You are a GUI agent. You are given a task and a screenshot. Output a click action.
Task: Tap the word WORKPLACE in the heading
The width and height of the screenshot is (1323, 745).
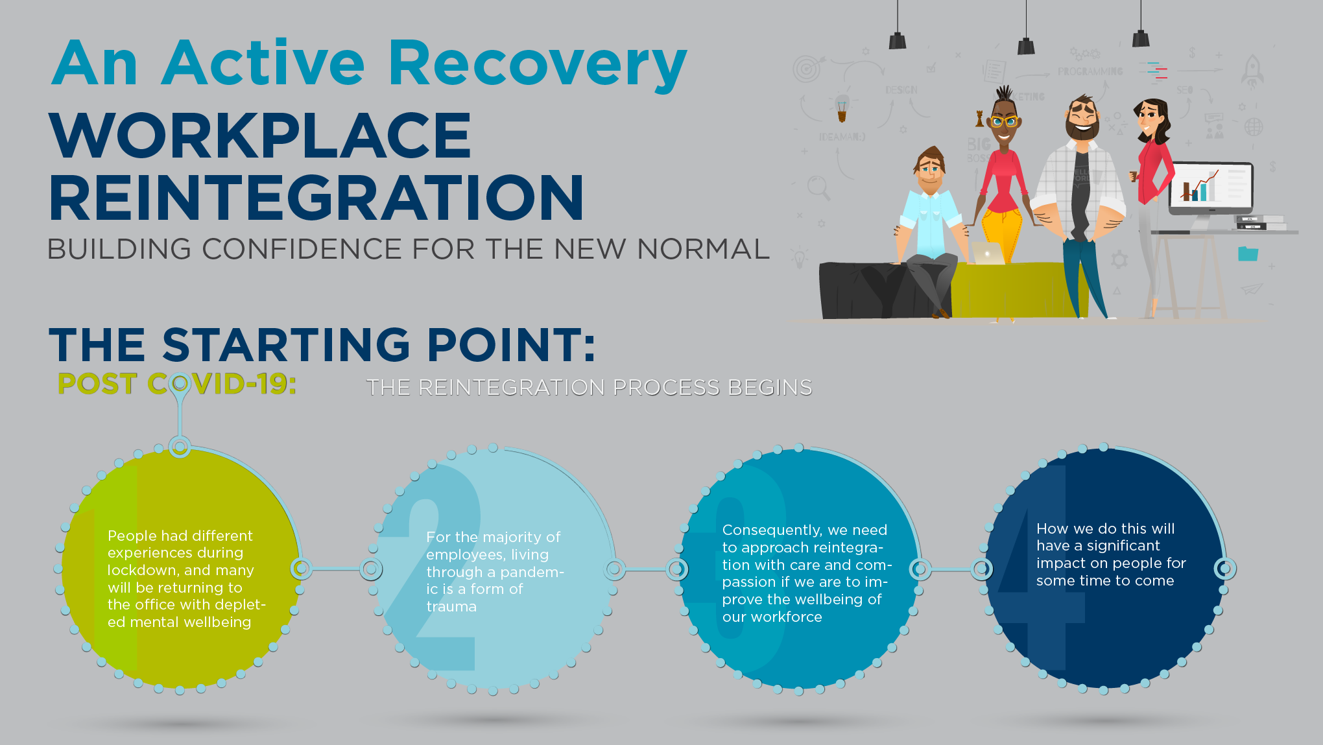(x=260, y=136)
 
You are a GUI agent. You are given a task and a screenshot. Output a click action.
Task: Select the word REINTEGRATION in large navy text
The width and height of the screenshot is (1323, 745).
(x=316, y=198)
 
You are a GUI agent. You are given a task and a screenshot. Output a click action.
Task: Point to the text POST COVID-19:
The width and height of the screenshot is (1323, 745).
(x=177, y=384)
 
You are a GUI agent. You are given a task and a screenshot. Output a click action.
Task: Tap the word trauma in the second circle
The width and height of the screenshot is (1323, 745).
(x=451, y=607)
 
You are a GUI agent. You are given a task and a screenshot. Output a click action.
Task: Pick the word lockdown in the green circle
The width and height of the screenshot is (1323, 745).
(x=143, y=571)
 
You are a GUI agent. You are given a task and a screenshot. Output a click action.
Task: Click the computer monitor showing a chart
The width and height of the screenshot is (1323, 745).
(x=1211, y=187)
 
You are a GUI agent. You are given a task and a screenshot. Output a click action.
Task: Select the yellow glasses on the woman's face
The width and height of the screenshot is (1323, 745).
(x=1004, y=121)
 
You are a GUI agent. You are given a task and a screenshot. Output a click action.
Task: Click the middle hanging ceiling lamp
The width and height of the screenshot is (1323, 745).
(x=1026, y=46)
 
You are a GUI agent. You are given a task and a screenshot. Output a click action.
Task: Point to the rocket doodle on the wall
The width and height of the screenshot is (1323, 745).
(x=1252, y=71)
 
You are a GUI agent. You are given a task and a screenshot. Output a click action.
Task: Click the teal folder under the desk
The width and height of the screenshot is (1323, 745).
(x=1248, y=254)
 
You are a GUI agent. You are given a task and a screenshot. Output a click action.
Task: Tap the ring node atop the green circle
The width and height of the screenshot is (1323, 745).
(x=180, y=447)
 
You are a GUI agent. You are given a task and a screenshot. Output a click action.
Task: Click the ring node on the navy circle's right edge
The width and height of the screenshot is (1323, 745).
(x=1224, y=569)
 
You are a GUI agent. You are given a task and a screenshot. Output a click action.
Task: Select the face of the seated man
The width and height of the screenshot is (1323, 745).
(x=930, y=171)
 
